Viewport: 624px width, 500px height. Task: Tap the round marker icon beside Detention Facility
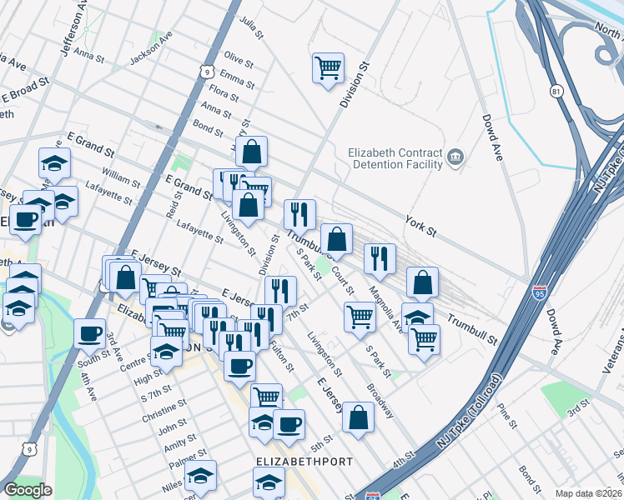(455, 156)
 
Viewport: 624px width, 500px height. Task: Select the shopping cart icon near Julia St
(328, 67)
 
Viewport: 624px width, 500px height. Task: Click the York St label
(420, 222)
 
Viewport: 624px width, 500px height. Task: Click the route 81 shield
(557, 90)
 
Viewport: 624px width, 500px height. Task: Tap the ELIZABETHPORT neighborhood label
(304, 461)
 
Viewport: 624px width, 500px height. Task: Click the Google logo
(28, 490)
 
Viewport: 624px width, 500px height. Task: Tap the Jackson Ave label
(150, 53)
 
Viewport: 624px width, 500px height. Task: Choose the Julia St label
(250, 22)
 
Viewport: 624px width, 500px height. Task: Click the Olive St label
(238, 61)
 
